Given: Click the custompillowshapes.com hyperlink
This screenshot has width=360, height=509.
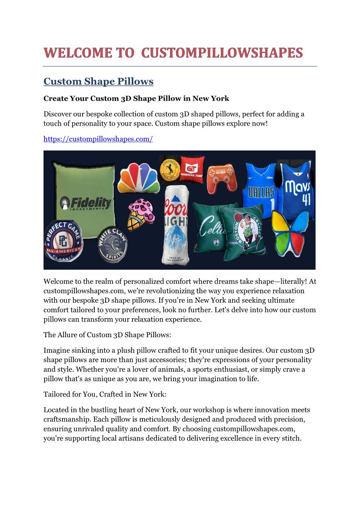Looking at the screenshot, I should (98, 139).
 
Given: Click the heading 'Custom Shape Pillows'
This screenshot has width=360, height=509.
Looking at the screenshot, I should (98, 82).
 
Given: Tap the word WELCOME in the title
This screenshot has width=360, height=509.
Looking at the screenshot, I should (78, 53).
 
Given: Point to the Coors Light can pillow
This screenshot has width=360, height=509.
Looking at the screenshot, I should (177, 224).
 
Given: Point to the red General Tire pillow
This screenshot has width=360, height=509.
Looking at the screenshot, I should (192, 169).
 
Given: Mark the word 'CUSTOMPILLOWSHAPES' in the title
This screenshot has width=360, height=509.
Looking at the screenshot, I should (222, 53).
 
